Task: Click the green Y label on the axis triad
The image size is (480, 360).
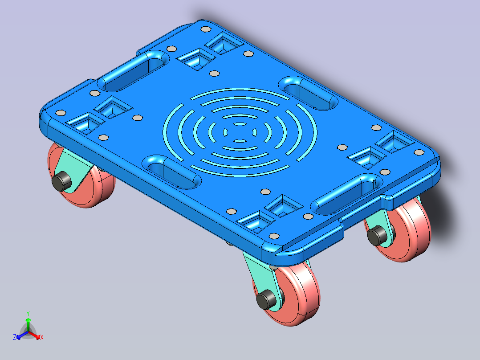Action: tap(28, 313)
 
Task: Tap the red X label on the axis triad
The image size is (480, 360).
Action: tap(42, 337)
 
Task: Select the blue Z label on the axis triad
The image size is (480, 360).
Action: tap(14, 337)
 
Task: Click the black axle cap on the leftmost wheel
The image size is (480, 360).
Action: tap(61, 181)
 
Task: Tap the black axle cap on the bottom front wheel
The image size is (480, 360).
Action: tap(266, 299)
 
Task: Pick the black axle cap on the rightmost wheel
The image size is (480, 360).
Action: tap(377, 235)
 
